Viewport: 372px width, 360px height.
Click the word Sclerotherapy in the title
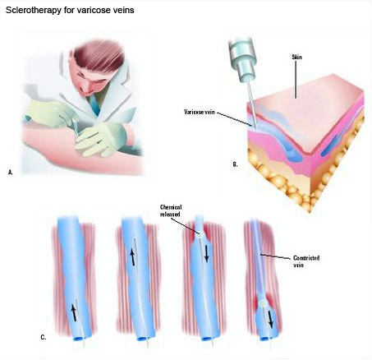pyautogui.click(x=33, y=10)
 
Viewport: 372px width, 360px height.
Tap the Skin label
pyautogui.click(x=296, y=57)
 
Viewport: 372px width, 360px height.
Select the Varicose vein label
pyautogui.click(x=200, y=112)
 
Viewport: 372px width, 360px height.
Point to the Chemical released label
pyautogui.click(x=171, y=210)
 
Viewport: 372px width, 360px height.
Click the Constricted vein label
pyautogui.click(x=306, y=261)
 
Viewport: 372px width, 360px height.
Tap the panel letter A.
pyautogui.click(x=11, y=173)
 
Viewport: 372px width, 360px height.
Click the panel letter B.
pyautogui.click(x=235, y=164)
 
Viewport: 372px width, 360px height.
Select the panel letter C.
pyautogui.click(x=44, y=337)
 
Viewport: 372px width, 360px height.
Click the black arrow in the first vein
pyautogui.click(x=74, y=314)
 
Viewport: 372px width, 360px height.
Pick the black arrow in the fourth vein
pyautogui.click(x=270, y=319)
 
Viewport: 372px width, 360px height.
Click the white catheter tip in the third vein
pyautogui.click(x=200, y=234)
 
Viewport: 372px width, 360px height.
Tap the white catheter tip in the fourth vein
pyautogui.click(x=263, y=303)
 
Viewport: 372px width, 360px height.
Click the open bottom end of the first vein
pyautogui.click(x=80, y=339)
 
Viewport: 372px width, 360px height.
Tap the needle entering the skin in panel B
pyautogui.click(x=252, y=104)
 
